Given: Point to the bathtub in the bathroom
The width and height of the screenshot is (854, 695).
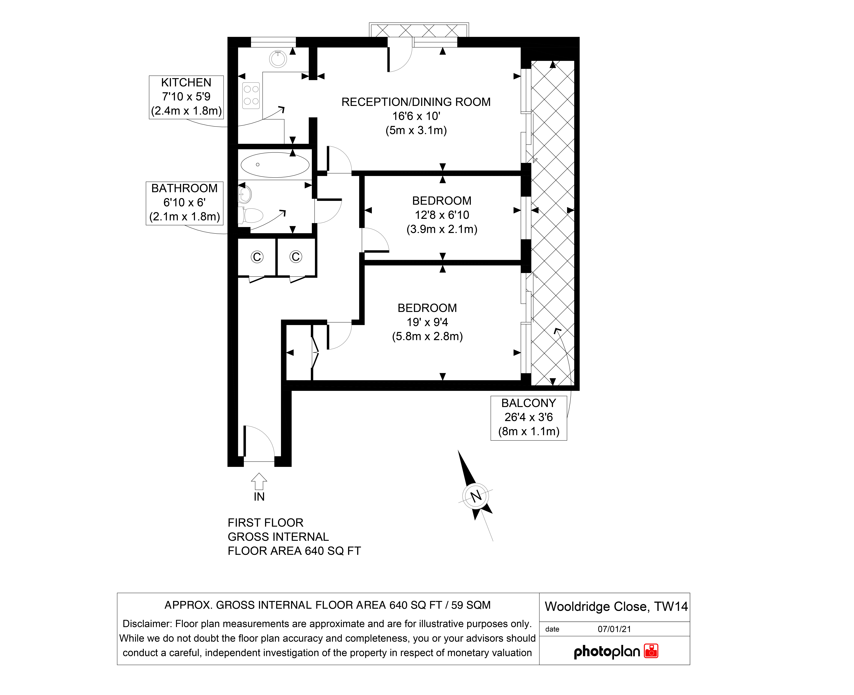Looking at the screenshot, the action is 275,165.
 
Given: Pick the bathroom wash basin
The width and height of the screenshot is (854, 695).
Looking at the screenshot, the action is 245,195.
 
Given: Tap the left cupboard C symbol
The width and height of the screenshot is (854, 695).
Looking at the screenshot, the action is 257,257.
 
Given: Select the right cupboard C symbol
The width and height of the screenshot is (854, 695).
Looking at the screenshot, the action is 296,257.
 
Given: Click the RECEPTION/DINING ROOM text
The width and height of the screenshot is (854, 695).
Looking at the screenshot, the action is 416,102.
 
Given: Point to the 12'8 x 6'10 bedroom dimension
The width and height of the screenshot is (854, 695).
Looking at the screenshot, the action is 442,215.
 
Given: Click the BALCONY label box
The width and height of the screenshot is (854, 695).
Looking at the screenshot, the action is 529,418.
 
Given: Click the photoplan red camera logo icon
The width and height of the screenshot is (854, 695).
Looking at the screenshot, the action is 651,651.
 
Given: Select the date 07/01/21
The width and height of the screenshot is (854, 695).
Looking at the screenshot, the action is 614,629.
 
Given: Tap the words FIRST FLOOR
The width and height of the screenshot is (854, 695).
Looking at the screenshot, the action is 266,523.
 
